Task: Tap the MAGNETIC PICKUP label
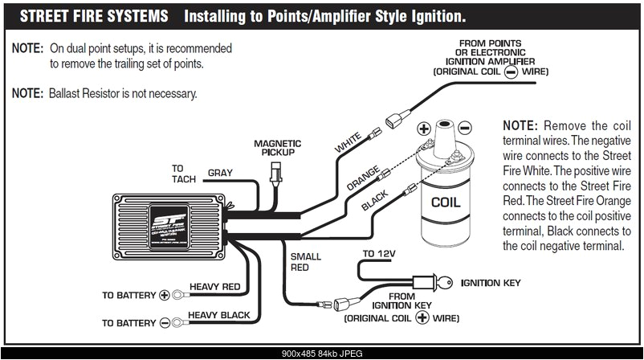click(x=277, y=147)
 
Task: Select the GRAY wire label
click(x=221, y=173)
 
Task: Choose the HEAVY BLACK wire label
click(x=218, y=315)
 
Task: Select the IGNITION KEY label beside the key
click(x=490, y=283)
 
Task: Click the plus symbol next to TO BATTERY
click(x=165, y=295)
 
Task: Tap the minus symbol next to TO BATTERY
click(x=165, y=322)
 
